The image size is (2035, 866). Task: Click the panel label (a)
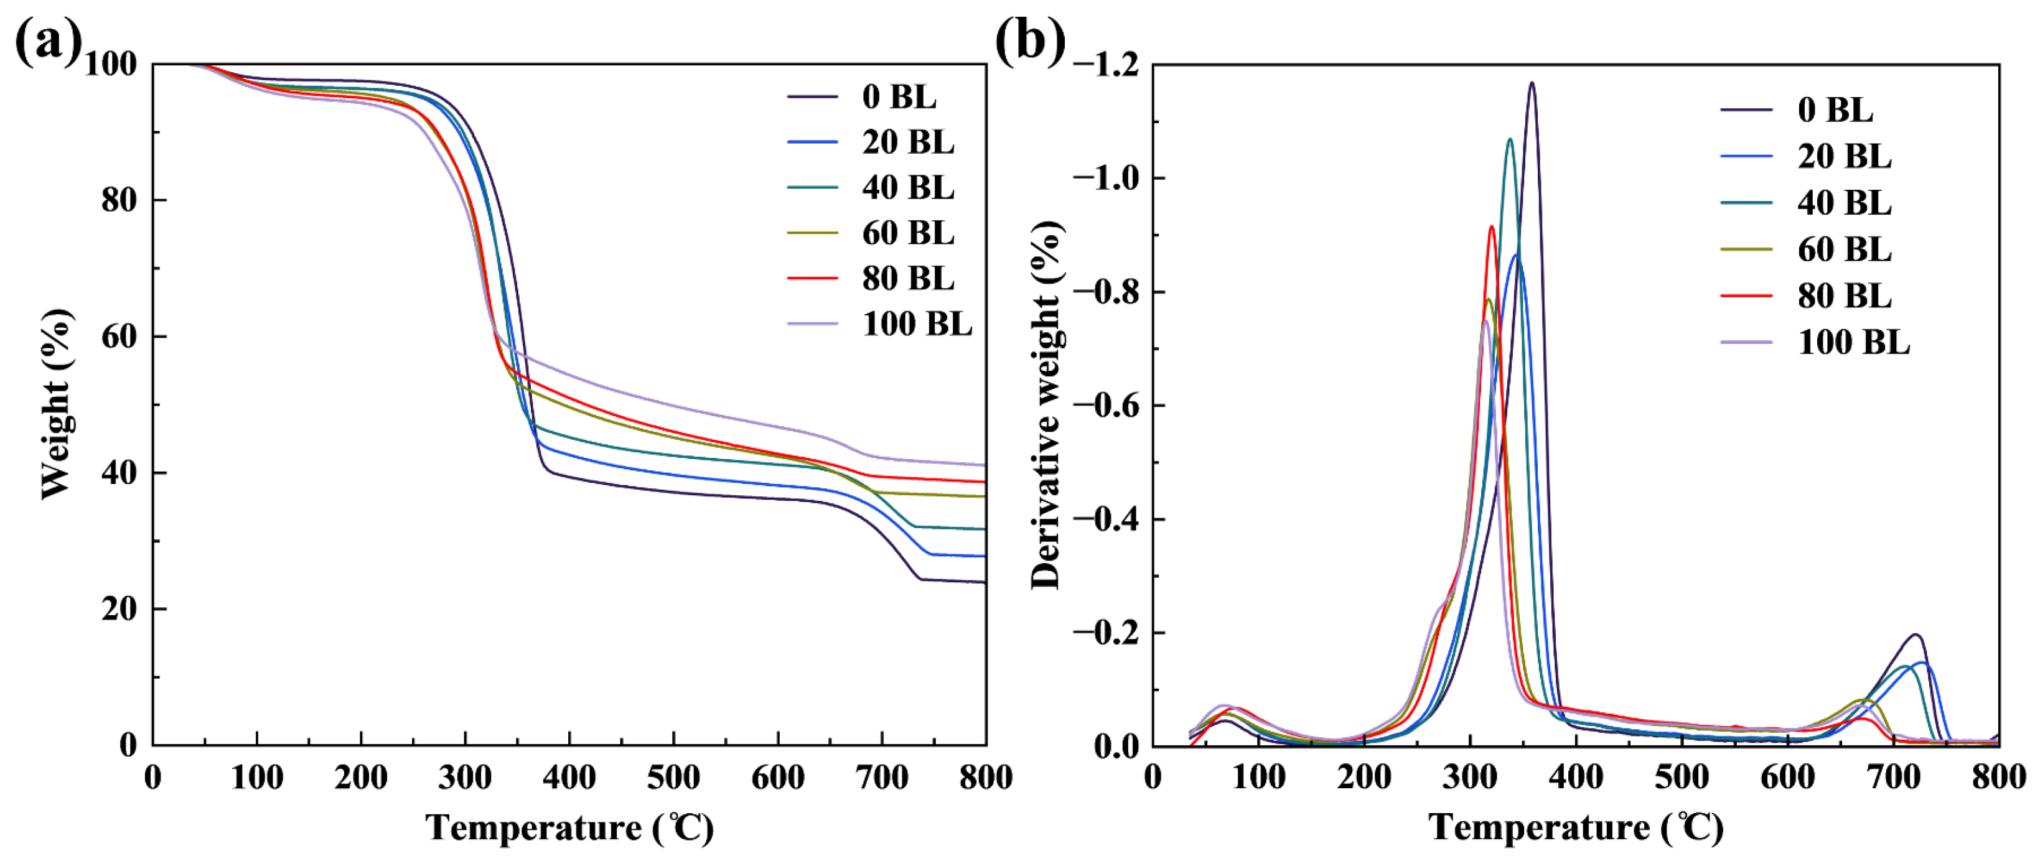click(x=47, y=41)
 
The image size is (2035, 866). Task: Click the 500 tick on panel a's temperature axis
click(x=673, y=778)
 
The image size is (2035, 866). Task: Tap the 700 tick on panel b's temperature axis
click(x=1894, y=778)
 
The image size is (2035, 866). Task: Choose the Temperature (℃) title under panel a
click(x=569, y=828)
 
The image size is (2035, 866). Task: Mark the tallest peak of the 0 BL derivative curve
click(x=1532, y=83)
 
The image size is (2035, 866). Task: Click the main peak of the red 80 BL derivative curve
click(x=1492, y=227)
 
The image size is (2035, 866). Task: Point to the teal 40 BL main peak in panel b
click(x=1510, y=140)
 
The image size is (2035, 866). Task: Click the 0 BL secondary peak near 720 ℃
click(x=1915, y=635)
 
